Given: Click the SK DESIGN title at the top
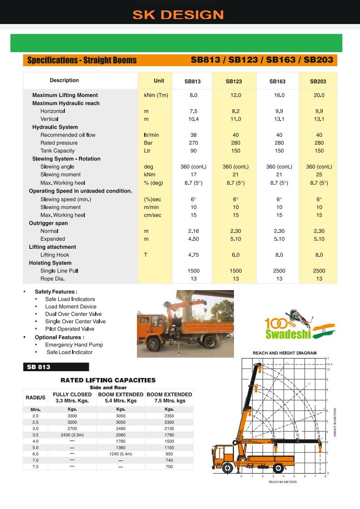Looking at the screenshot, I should point(178,15).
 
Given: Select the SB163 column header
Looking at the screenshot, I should point(277,82).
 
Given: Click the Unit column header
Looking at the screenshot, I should point(159,81).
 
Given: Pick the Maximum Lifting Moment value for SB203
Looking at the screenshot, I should point(319,95).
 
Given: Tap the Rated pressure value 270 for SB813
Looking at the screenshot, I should point(194,143).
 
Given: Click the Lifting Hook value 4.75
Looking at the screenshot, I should point(194,255).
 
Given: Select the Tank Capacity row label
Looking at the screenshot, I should point(58,150).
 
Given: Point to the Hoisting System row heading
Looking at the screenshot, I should point(50,263).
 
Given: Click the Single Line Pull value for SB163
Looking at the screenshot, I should point(279,271).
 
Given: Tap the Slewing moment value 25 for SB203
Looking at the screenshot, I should point(319,175).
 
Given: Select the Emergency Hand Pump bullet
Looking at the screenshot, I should point(74,345).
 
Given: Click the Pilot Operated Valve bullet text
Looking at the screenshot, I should point(69,329).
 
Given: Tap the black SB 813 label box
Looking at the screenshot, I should point(56,367).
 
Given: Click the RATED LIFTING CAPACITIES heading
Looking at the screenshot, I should point(108,380).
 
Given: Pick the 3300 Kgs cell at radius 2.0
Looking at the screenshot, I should point(72,416).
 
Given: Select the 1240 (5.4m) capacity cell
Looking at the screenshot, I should point(121,454).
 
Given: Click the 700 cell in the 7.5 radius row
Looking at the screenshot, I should point(169,466).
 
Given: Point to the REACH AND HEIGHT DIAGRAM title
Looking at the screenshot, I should point(285,353).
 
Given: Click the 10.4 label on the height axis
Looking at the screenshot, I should point(329,364).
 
